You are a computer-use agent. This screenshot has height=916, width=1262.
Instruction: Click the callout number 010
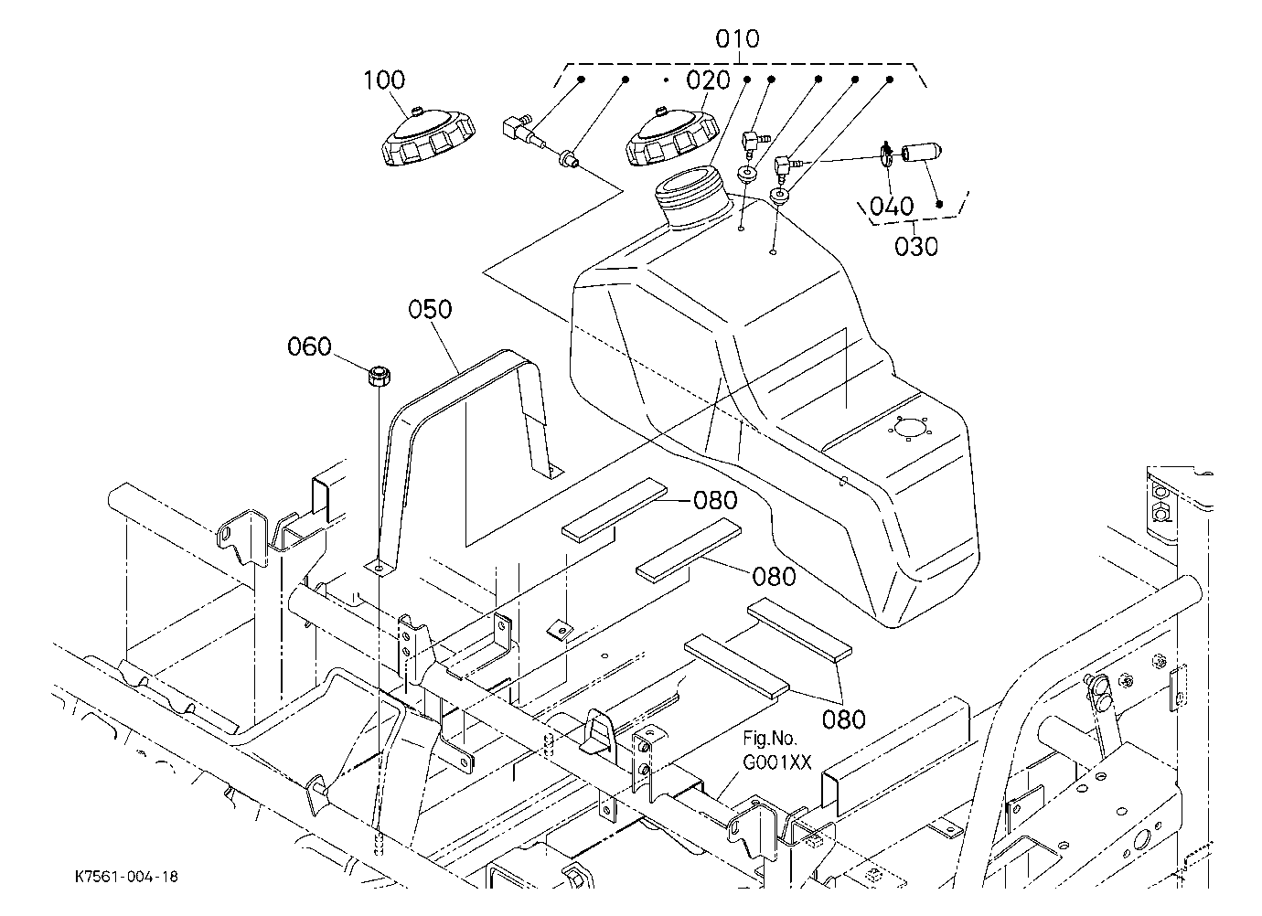[x=737, y=39]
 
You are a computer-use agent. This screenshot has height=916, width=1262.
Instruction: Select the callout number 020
[x=708, y=80]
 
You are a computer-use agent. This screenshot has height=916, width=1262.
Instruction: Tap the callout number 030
[x=916, y=247]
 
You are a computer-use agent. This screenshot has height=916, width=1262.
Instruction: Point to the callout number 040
[x=892, y=207]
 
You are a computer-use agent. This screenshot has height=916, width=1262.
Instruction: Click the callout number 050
[x=430, y=309]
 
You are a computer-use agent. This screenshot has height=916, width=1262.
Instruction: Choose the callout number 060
[x=309, y=346]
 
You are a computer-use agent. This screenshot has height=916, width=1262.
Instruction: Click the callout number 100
[x=384, y=80]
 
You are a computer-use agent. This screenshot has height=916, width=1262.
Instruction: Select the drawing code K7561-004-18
[x=127, y=877]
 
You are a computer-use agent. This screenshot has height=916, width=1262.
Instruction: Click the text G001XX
[x=777, y=762]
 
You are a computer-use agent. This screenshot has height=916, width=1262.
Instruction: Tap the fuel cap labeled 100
[x=428, y=137]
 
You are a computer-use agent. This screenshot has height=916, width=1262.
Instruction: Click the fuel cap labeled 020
[x=673, y=137]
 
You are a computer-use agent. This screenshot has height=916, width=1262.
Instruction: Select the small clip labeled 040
[x=886, y=154]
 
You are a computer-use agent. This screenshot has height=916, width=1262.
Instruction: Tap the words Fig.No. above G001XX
[x=770, y=738]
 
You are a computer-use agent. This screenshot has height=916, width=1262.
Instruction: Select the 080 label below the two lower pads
[x=843, y=720]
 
